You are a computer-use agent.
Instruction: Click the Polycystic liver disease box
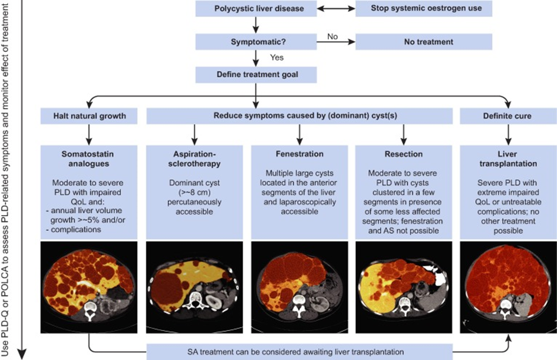pyautogui.click(x=255, y=9)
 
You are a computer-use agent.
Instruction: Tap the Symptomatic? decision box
pyautogui.click(x=255, y=42)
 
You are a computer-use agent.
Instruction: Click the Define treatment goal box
pyautogui.click(x=255, y=74)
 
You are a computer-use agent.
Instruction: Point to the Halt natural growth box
pyautogui.click(x=87, y=116)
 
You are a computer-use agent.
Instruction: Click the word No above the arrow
pyautogui.click(x=332, y=37)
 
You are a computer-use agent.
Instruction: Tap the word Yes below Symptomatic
pyautogui.click(x=277, y=58)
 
